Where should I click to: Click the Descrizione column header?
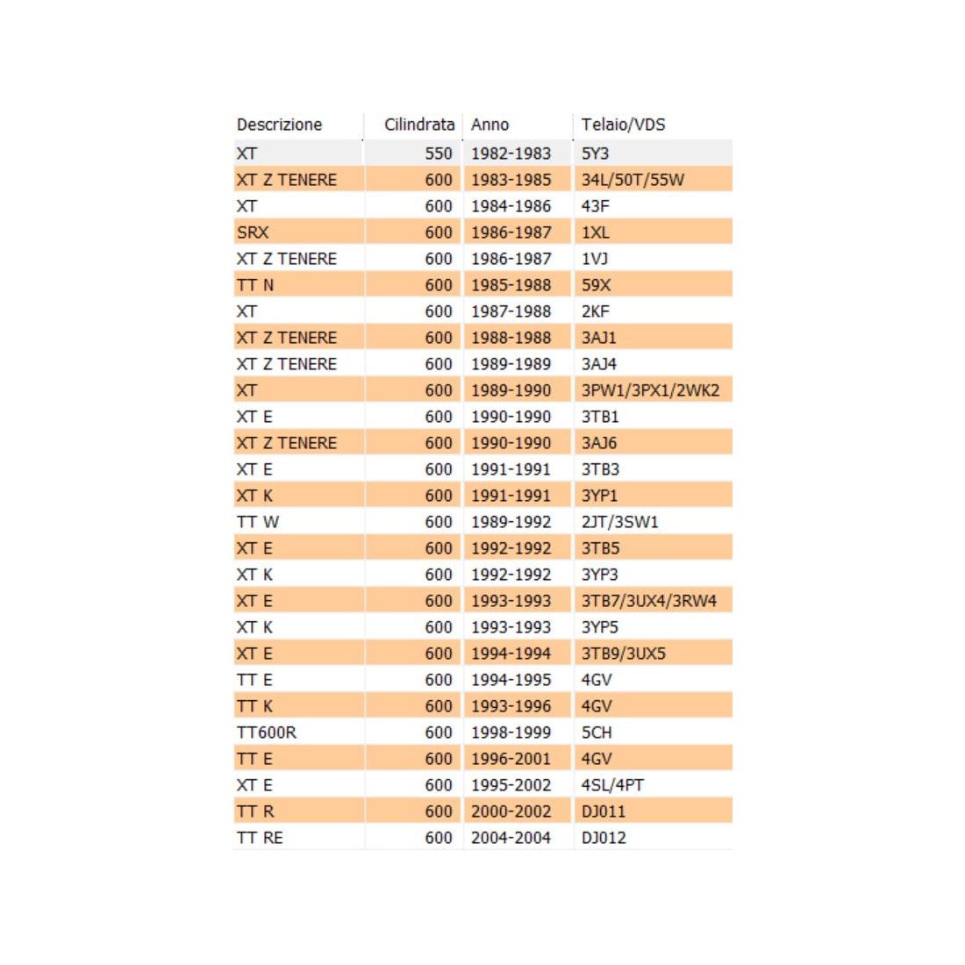coord(279,125)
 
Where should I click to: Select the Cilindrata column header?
coord(418,125)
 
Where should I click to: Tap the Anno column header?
coord(490,125)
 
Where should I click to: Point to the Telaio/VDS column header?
coord(623,125)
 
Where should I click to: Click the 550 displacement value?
coord(439,153)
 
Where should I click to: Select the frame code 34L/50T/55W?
coord(633,180)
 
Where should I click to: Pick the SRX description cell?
coord(253,232)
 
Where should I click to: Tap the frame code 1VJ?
coord(595,259)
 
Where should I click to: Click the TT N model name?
coord(255,285)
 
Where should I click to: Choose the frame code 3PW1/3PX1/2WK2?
coord(650,390)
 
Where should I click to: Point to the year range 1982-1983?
coord(511,153)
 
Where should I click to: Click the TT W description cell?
coord(258,522)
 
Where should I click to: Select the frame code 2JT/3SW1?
coord(619,522)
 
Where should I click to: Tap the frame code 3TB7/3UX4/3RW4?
coord(648,601)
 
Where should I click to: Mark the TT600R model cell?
coord(267,733)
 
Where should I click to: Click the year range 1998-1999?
coord(511,733)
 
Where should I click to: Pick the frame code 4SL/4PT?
coord(612,785)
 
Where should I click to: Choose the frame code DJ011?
coord(604,811)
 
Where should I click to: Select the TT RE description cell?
coord(260,838)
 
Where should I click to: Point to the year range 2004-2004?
coord(511,838)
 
